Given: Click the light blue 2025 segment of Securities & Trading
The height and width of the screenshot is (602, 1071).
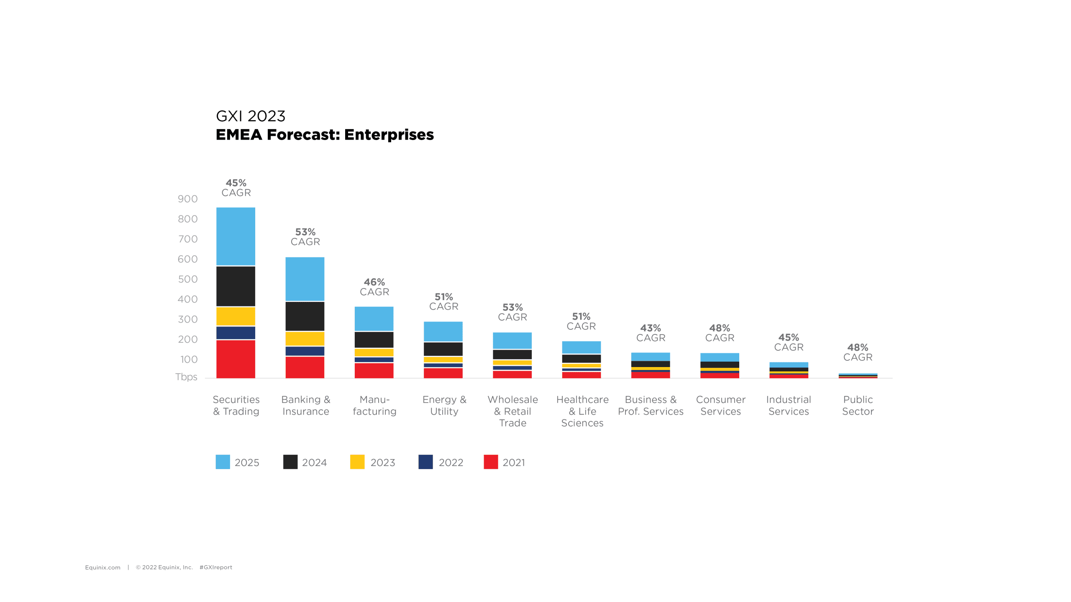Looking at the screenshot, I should (x=236, y=236).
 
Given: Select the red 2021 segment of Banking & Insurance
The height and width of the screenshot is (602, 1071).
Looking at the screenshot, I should (x=305, y=367).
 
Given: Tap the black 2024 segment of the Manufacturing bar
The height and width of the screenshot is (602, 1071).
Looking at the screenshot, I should (x=374, y=339).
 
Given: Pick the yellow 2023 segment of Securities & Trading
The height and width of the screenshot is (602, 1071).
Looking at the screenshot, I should (x=236, y=316).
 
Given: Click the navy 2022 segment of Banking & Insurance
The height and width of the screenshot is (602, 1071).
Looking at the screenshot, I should (x=305, y=351).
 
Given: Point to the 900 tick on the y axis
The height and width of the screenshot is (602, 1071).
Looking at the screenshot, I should (x=187, y=199).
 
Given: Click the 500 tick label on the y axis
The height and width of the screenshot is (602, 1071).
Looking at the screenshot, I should (x=187, y=279).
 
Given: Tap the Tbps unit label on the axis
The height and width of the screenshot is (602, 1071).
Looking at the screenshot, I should (x=186, y=377).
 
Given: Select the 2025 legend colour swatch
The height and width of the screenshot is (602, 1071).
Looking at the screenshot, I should (x=223, y=462).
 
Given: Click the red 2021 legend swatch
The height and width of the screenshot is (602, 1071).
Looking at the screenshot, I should (x=491, y=462).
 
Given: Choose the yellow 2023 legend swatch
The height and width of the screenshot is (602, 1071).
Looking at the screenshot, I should (x=357, y=462).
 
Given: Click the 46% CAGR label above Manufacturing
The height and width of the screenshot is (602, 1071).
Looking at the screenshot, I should (x=374, y=287).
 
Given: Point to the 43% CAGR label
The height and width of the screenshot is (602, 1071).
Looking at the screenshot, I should (x=651, y=333).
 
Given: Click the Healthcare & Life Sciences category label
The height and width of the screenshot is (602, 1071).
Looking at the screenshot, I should (x=582, y=411).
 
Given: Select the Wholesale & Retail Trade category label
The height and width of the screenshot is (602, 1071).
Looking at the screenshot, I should (x=512, y=411).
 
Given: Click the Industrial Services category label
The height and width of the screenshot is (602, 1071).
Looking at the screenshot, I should (x=789, y=406).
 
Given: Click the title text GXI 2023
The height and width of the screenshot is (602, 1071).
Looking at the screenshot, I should (x=251, y=116).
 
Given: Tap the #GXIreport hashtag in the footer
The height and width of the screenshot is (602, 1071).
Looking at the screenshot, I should (x=216, y=567).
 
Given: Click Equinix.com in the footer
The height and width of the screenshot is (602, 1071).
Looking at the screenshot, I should (x=102, y=567).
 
